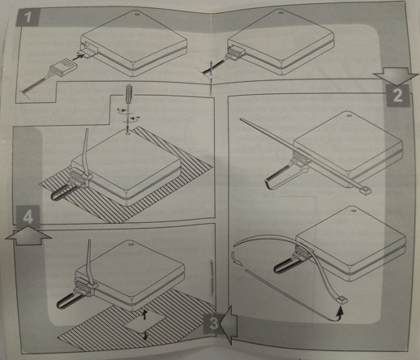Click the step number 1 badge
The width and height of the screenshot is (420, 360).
(x=28, y=17)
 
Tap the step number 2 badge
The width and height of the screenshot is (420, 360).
(x=398, y=96)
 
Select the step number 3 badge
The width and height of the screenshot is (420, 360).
(x=213, y=324)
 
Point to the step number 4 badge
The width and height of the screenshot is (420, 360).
(x=28, y=216)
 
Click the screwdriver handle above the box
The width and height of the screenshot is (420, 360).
(x=129, y=92)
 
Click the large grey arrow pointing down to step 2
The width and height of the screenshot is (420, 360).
(x=396, y=75)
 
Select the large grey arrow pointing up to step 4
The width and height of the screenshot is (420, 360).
(x=28, y=236)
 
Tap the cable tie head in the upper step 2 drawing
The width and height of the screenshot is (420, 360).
(x=365, y=191)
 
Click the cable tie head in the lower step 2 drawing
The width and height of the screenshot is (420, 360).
(x=341, y=300)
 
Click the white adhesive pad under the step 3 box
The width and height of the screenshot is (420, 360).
(x=145, y=323)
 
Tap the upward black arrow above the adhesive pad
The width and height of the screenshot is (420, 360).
(x=145, y=315)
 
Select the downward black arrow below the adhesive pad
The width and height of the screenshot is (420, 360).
(x=146, y=335)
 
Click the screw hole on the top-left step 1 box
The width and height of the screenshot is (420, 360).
(x=137, y=14)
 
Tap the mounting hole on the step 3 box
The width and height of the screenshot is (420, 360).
(x=131, y=244)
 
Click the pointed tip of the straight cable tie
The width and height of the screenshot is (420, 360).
(x=241, y=118)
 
